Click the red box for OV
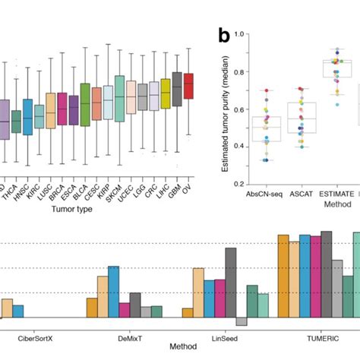tap(189, 85)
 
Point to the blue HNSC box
tap(28, 116)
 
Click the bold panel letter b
tap(223, 35)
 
